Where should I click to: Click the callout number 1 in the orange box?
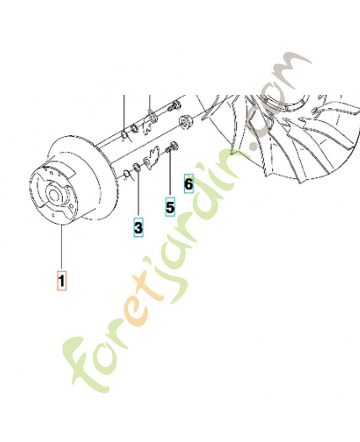pos(62,281)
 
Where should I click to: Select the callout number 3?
pos(138,227)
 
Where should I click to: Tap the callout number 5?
pos(170,207)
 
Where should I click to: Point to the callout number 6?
pos(189,184)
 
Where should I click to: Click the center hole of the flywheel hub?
pos(53,194)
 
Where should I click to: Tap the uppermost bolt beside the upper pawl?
pos(174,106)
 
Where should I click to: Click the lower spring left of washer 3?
pos(127,175)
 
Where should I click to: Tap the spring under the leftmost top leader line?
pos(125,134)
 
